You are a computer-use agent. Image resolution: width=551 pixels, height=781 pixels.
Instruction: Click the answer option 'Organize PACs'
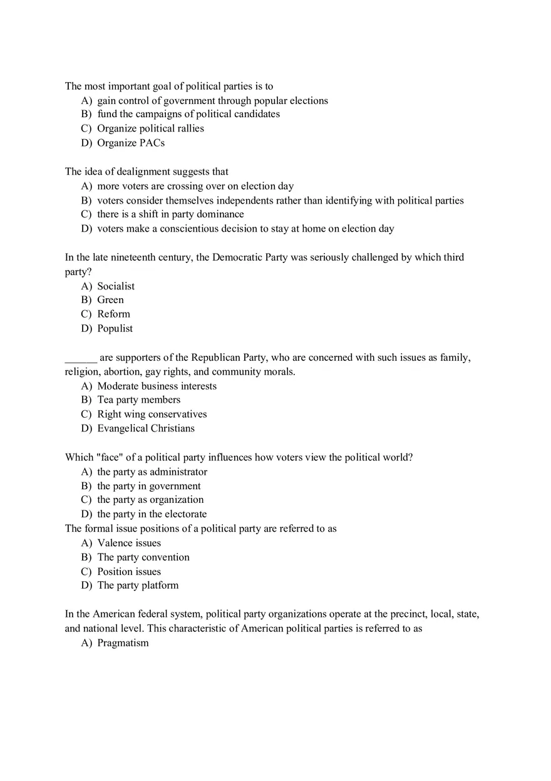[x=131, y=143]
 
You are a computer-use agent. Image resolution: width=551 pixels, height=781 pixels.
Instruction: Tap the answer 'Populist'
[x=115, y=329]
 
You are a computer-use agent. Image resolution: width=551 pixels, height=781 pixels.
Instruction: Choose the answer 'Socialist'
[x=116, y=286]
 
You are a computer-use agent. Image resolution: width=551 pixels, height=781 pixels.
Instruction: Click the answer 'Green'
[x=110, y=300]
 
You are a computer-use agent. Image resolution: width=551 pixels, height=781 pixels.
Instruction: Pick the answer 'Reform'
[x=113, y=314]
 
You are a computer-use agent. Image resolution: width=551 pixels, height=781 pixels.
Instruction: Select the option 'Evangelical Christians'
[x=146, y=429]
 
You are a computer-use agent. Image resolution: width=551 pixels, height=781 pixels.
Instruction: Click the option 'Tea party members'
[x=138, y=400]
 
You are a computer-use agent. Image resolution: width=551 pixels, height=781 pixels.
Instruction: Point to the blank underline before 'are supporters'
[x=81, y=358]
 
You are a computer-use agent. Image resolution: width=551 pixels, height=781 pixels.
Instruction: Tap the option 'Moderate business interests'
[x=157, y=386]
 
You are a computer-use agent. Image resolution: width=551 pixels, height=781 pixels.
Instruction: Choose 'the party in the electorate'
[x=152, y=514]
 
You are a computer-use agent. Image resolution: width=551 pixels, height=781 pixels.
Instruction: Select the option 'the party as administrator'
[x=152, y=472]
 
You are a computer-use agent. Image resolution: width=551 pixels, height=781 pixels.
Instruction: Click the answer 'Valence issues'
[x=129, y=544]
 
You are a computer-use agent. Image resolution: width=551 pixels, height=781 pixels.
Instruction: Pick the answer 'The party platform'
[x=138, y=586]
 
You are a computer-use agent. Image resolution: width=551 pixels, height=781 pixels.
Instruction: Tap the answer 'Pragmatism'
[x=123, y=643]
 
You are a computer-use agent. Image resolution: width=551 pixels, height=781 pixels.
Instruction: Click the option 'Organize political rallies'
[x=150, y=128]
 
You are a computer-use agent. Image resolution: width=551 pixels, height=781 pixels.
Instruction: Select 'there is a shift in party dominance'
[x=170, y=215]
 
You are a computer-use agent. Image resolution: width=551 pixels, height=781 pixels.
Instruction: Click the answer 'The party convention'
[x=143, y=557]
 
